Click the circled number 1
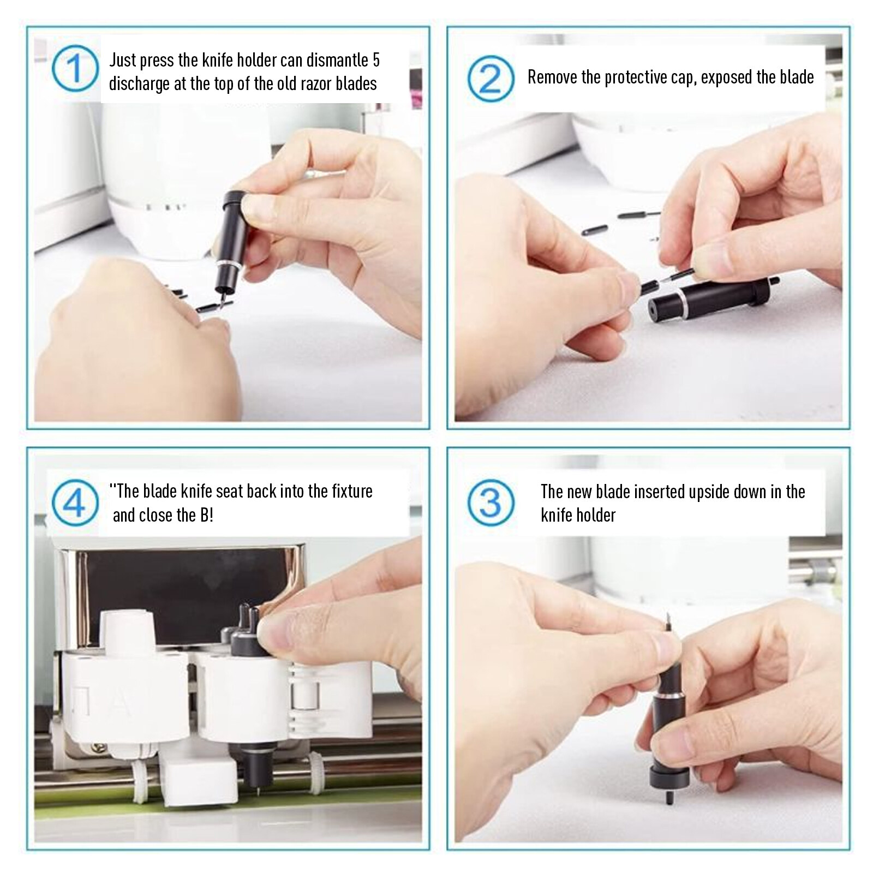click(x=75, y=68)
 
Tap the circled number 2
click(x=491, y=78)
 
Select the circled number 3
click(x=491, y=503)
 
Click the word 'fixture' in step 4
click(x=352, y=491)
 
